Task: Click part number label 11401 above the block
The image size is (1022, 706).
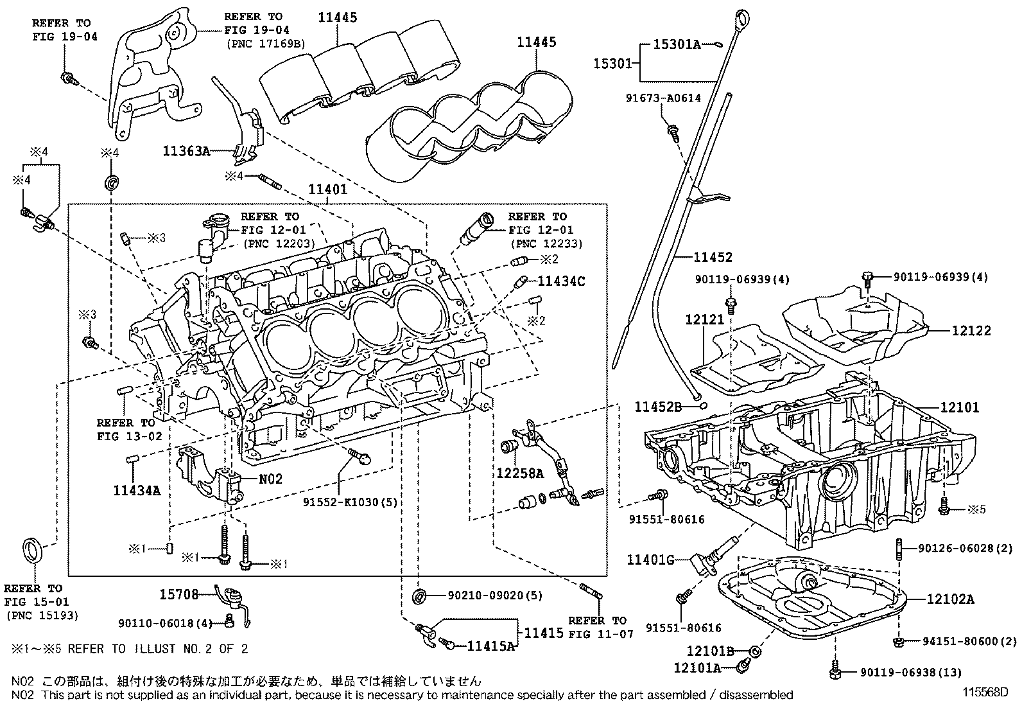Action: [x=327, y=189]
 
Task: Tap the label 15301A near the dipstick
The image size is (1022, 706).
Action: [x=677, y=44]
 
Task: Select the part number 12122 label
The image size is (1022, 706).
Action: [x=971, y=331]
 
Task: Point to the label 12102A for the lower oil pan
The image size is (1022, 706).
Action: [x=950, y=599]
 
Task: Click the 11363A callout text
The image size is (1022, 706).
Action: [x=187, y=151]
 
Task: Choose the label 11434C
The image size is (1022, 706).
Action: [x=561, y=281]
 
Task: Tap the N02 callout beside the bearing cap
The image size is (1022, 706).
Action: [x=270, y=479]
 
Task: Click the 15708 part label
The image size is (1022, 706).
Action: [x=179, y=595]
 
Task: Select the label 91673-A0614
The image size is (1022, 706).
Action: [x=663, y=98]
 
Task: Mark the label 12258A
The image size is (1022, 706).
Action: [x=520, y=473]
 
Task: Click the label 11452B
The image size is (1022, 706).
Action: [x=659, y=407]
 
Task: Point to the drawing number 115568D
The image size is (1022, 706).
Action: [x=985, y=693]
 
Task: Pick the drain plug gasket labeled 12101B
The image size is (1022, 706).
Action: [x=755, y=651]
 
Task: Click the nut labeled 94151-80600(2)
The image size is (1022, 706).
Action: [x=897, y=642]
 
